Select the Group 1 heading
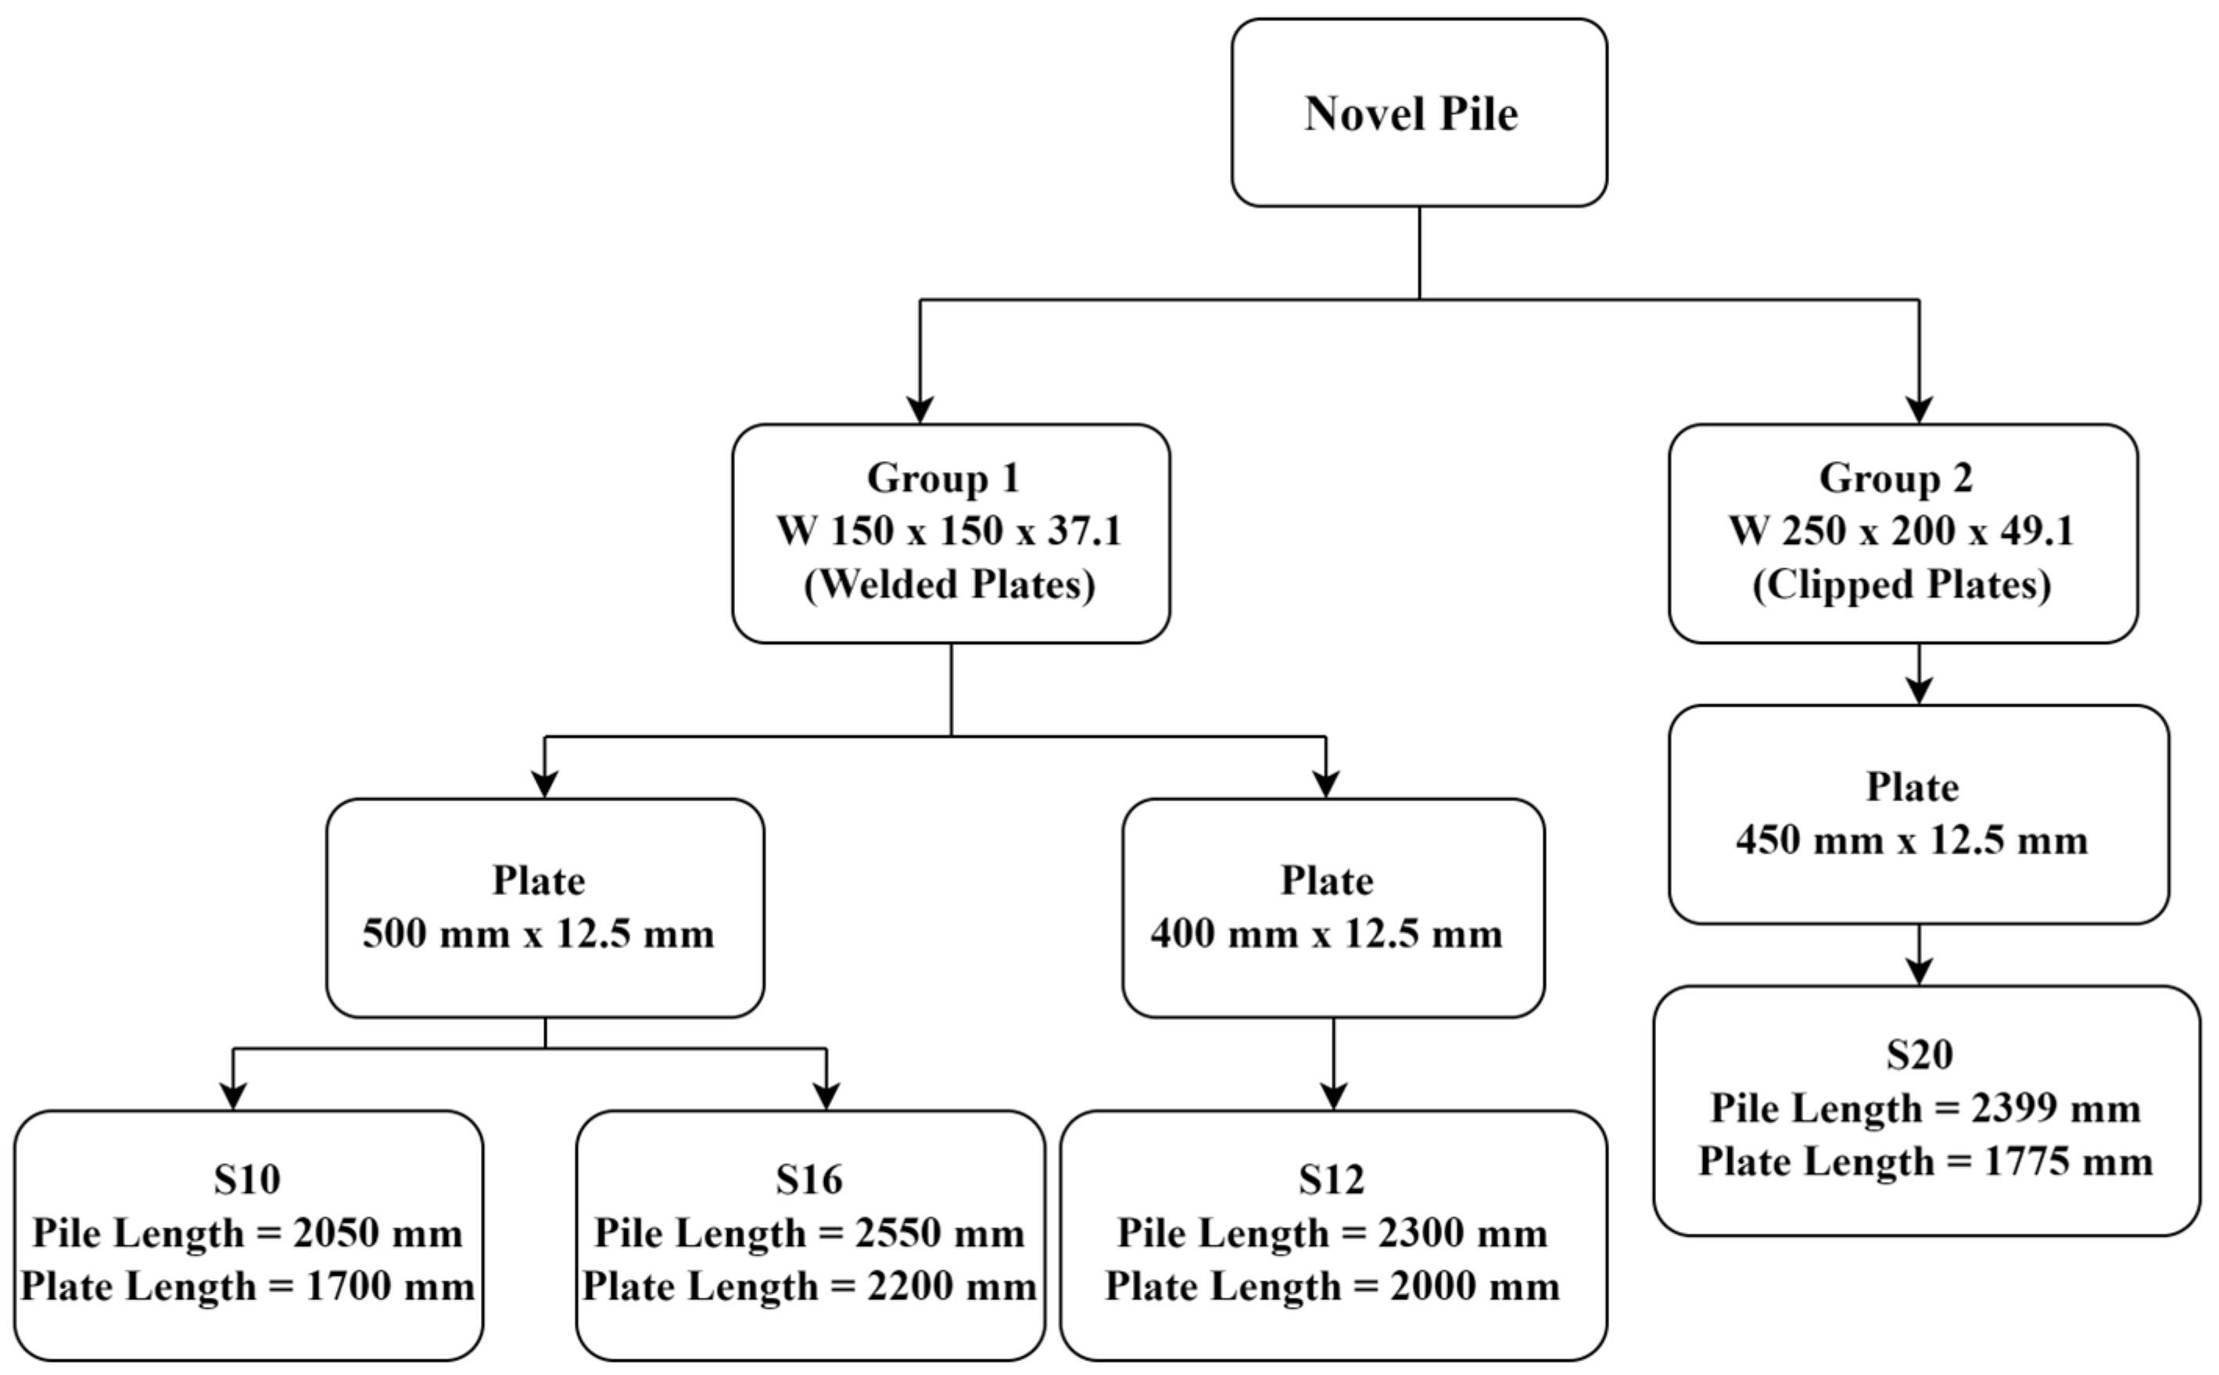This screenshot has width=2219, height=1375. click(x=943, y=478)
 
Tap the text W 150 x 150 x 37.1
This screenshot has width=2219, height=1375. click(x=948, y=530)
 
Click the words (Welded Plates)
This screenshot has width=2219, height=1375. click(x=948, y=584)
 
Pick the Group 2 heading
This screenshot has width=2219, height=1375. click(x=1895, y=478)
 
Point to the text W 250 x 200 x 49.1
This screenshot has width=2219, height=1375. click(x=1901, y=530)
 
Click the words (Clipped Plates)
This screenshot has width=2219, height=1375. click(x=1901, y=584)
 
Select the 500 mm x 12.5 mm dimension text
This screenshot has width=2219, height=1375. click(x=539, y=934)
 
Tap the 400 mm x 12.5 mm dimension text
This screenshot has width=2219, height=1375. click(x=1326, y=934)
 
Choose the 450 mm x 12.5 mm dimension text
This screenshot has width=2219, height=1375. click(x=1912, y=840)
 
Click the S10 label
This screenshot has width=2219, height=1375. click(x=247, y=1179)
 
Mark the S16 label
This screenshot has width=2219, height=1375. click(x=808, y=1179)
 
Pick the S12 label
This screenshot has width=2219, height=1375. click(x=1332, y=1179)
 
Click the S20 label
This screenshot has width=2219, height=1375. click(x=1919, y=1054)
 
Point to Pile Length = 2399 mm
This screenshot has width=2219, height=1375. click(x=1925, y=1108)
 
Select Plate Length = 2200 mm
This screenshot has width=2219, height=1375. click(x=809, y=1286)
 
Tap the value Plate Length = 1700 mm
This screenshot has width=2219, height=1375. click(x=247, y=1286)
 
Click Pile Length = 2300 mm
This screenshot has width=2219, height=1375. click(x=1332, y=1234)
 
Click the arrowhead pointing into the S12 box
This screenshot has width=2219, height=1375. click(x=1333, y=1096)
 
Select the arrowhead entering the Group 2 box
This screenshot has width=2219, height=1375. click(x=1919, y=410)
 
